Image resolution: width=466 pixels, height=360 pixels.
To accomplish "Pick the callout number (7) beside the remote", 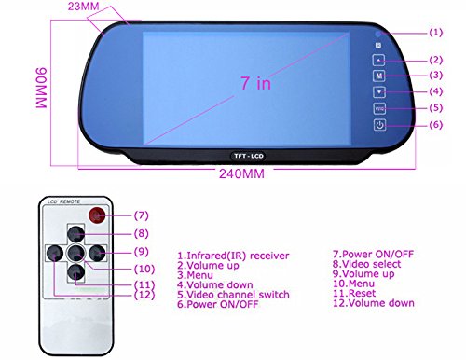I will [x=141, y=215].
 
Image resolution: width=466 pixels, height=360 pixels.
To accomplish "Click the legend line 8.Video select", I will [x=365, y=265].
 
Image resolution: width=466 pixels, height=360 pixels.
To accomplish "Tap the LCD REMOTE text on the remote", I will [x=66, y=202].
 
